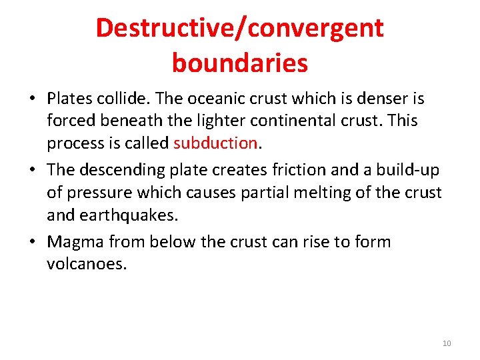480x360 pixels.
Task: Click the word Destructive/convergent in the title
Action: click(239, 29)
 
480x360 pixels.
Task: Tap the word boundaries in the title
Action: click(239, 63)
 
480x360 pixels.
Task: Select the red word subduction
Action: click(215, 143)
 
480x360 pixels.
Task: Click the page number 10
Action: click(447, 343)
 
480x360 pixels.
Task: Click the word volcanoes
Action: click(87, 263)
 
